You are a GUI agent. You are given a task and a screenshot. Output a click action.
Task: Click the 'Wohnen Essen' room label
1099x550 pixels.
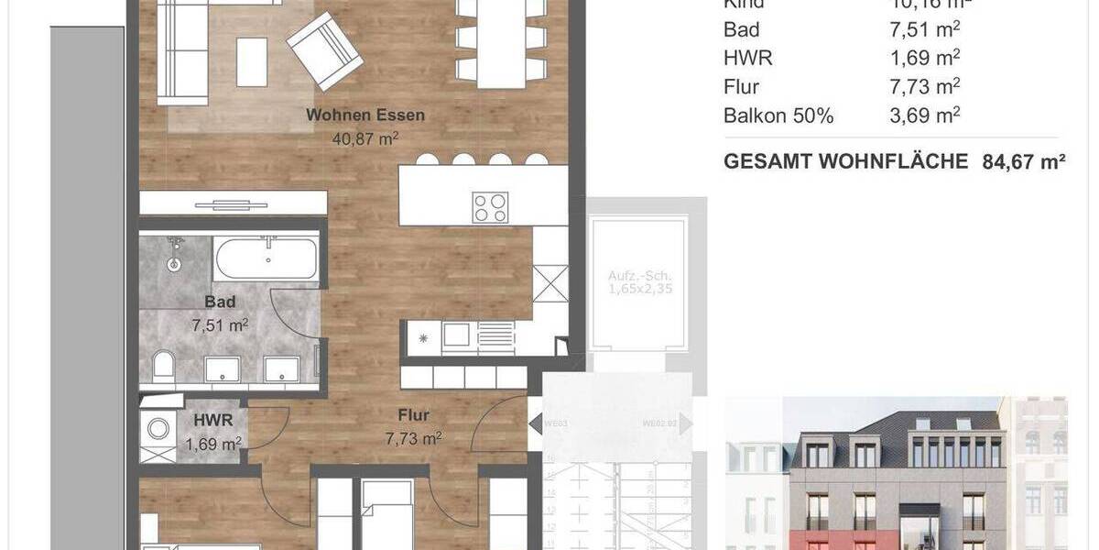click(x=365, y=115)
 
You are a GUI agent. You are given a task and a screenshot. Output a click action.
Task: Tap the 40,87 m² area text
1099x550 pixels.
click(x=365, y=138)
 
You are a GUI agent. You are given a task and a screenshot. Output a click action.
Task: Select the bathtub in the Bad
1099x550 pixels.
click(x=267, y=259)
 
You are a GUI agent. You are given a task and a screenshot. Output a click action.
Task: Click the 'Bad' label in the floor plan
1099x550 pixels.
click(x=220, y=302)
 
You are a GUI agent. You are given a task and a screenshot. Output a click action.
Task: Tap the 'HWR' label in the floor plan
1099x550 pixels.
click(x=212, y=421)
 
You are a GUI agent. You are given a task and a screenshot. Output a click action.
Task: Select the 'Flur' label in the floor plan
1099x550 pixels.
click(x=414, y=415)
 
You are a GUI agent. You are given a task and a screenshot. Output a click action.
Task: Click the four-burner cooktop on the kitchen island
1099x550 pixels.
click(x=492, y=206)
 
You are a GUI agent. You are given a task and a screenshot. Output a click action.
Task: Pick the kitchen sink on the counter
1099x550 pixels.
click(x=455, y=335)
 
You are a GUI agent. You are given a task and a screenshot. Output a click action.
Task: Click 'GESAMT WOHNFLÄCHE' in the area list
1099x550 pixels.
click(x=845, y=162)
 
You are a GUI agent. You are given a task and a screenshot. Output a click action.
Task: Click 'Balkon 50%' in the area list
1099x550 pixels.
click(x=778, y=116)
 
